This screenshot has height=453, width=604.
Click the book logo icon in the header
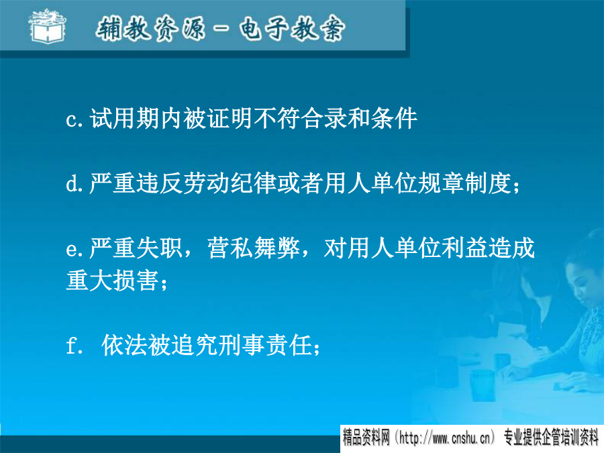48,26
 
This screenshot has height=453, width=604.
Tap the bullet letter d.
72,183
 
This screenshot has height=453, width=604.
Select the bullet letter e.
72,250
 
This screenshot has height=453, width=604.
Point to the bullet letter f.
72,344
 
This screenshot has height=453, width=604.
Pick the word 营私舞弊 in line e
254,248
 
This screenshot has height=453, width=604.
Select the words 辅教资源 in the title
150,28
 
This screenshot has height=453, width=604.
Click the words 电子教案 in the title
292,28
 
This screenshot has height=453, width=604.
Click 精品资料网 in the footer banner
366,438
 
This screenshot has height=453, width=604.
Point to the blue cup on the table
482,385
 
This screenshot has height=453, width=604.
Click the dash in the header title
222,28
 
